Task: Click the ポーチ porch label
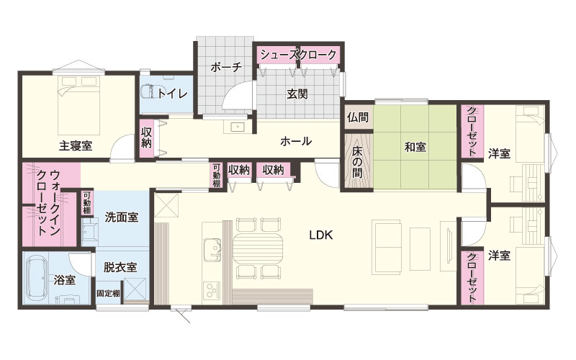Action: pos(226,68)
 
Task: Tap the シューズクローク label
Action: pos(298,55)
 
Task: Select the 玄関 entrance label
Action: pos(297,94)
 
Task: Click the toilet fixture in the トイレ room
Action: pos(149,92)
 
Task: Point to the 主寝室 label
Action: pos(76,146)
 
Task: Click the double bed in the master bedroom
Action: pos(78,105)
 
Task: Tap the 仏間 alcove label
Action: pos(357,117)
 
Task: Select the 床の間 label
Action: pos(357,162)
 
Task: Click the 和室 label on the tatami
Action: pos(415,148)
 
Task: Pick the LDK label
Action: pos(320,235)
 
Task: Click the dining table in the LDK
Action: pos(258,248)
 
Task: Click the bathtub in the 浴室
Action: pos(37,277)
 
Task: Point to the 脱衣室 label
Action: pos(120,267)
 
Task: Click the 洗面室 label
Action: pos(122,217)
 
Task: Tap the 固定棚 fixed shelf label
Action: pos(109,294)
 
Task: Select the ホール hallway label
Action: pos(296,141)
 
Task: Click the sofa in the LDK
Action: pos(386,247)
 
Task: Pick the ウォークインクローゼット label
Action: pos(48,203)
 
